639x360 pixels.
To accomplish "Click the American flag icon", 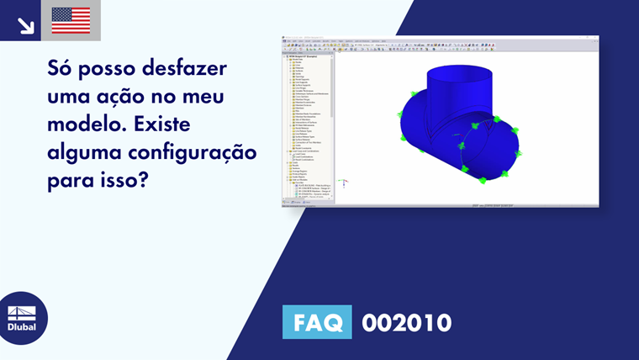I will (71, 20).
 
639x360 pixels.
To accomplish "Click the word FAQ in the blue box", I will (317, 322).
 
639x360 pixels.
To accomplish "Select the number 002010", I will (406, 322).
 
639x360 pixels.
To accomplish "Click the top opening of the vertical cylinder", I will (458, 73).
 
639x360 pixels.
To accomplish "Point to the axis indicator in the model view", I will (344, 182).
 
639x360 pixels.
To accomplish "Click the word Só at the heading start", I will (61, 68).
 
